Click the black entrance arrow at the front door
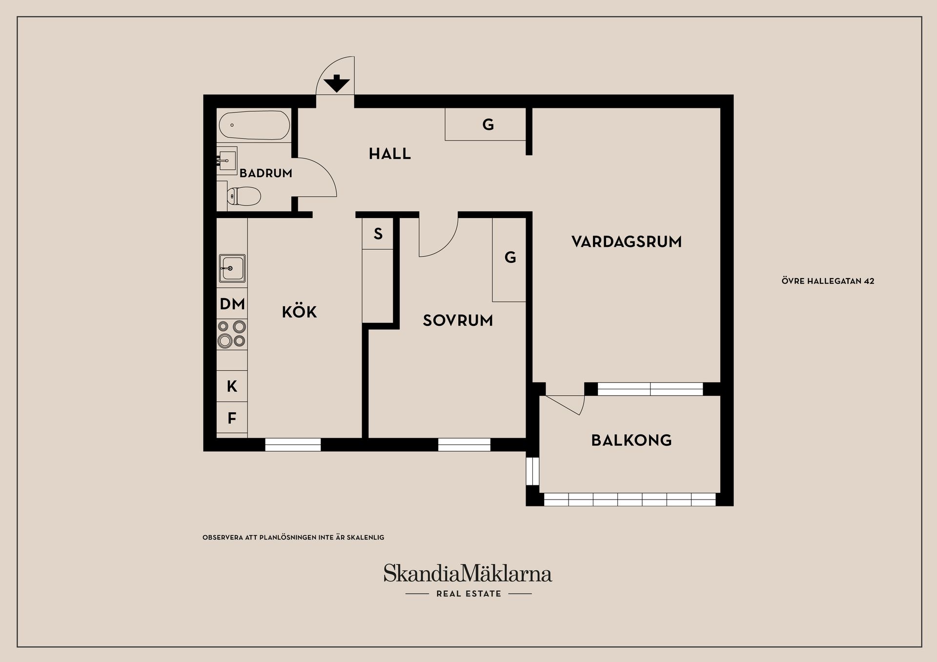336,84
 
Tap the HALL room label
389,154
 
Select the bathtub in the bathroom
254,125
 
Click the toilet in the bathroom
244,197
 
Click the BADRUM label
265,173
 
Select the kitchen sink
232,268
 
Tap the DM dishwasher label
232,304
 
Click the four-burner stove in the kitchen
232,334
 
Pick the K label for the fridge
232,386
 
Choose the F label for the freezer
232,418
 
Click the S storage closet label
378,234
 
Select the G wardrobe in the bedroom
509,258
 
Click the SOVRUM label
457,321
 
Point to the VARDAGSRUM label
626,242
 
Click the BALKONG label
631,441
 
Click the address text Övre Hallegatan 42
828,281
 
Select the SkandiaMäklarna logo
468,574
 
